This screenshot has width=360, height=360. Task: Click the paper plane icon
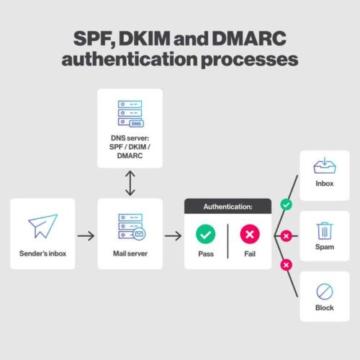click(42, 225)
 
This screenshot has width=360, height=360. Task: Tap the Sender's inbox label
click(42, 254)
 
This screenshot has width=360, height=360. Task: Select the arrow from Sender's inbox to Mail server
click(86, 235)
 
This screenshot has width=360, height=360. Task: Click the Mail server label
click(130, 254)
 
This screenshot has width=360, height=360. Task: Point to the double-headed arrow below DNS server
click(130, 183)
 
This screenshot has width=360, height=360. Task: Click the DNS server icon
click(130, 114)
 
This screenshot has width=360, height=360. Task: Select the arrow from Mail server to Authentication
click(173, 235)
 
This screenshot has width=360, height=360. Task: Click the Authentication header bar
click(228, 207)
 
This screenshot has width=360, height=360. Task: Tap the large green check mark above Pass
click(207, 235)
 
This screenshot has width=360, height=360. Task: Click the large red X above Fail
click(250, 235)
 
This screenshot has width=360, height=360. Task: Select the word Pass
click(207, 255)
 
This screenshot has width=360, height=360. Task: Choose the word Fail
click(250, 255)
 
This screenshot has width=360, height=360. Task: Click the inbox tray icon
click(324, 167)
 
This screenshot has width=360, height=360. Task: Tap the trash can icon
click(324, 230)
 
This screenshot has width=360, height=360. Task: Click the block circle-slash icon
click(324, 291)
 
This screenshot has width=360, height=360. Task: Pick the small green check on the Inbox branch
click(287, 205)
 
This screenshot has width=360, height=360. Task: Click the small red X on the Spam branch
click(287, 235)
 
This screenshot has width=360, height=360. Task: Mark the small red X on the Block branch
click(287, 265)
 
